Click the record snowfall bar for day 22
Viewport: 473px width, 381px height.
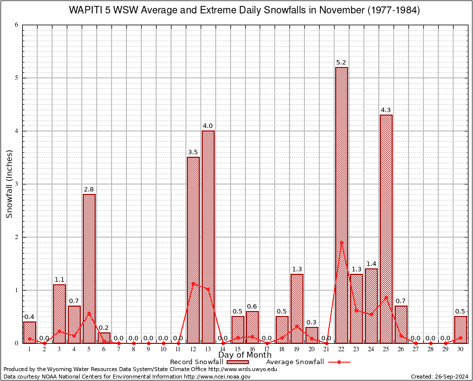point(342,205)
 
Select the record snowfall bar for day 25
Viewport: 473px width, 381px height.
point(386,229)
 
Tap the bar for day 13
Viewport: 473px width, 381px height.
point(208,237)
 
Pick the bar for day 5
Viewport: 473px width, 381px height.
point(89,268)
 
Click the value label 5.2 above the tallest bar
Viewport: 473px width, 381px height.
point(342,63)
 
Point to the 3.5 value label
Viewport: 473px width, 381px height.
point(193,152)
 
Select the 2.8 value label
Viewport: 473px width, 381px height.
point(89,190)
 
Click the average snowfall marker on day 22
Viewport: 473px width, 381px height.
point(342,243)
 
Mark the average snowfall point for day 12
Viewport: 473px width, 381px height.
point(193,283)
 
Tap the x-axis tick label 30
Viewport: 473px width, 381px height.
point(461,350)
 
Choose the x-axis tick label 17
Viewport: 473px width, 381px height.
point(267,350)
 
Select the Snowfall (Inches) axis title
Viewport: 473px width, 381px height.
point(9,184)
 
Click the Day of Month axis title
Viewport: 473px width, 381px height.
point(244,355)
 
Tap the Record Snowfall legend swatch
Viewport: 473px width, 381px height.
point(238,362)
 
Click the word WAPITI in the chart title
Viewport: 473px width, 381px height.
point(85,10)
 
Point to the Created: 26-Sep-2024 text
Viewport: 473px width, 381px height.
point(439,377)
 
